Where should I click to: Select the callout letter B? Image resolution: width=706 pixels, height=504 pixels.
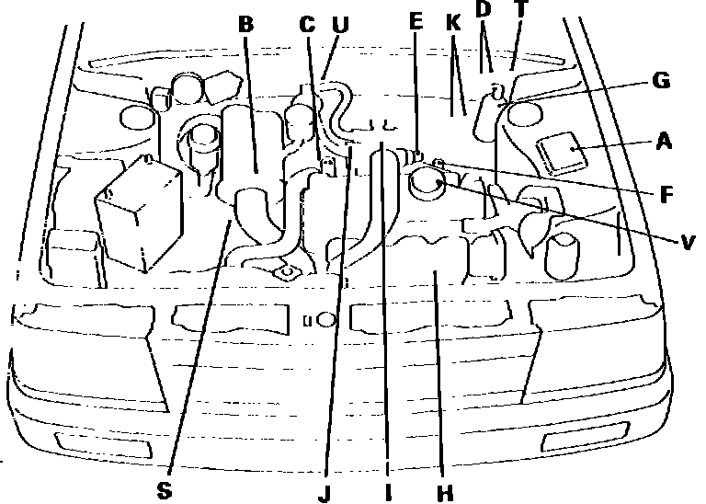pos(245,25)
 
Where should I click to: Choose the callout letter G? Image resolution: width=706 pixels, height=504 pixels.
pos(660,81)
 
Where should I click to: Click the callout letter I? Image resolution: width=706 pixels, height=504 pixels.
pos(388,492)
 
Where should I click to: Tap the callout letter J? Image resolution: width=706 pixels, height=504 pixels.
pos(324,492)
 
